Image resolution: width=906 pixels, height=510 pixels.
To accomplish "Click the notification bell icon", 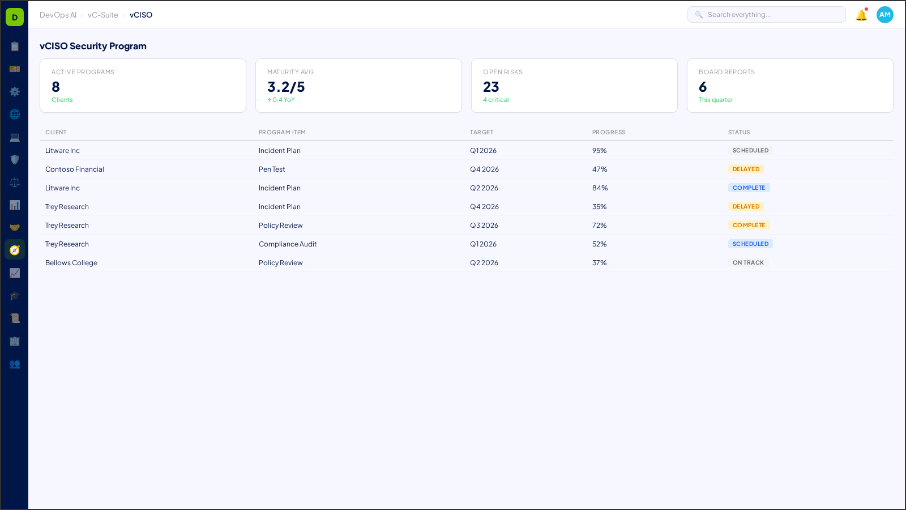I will pos(861,15).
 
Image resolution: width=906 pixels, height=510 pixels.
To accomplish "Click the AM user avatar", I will pos(884,15).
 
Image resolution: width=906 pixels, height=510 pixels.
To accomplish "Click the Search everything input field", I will pos(770,15).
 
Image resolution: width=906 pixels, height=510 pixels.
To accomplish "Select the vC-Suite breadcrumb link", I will pos(102,15).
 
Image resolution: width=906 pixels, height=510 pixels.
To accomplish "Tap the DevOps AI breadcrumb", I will pos(58,15).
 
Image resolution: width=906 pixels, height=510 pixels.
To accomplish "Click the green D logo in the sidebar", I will pos(15,17).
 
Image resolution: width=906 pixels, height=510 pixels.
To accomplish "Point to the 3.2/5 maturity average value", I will pos(286,87).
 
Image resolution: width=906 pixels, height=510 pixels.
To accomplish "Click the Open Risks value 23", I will pos(491,87).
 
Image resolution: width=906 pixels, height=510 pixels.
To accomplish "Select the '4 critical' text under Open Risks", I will pos(495,100).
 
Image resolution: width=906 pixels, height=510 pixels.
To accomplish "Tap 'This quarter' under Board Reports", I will pos(716,100).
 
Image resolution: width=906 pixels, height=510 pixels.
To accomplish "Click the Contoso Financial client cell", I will pos(75,169).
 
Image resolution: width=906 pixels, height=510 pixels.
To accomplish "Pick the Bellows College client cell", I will pos(71,263).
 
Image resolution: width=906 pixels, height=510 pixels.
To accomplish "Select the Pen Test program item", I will pos(272,169).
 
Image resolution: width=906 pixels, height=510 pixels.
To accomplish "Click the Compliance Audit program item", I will pos(288,244).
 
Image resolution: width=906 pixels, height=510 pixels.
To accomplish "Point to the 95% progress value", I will pos(599,151).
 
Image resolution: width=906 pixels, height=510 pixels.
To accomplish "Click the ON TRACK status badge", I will pos(748,263).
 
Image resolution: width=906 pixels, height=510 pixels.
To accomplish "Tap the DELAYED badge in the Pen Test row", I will pos(746,169).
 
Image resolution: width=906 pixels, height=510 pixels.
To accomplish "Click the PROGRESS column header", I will pos(609,133).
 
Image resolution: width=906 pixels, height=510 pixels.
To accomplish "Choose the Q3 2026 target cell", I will pos(484,226).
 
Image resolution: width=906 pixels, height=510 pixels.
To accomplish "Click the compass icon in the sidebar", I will pos(15,250).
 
